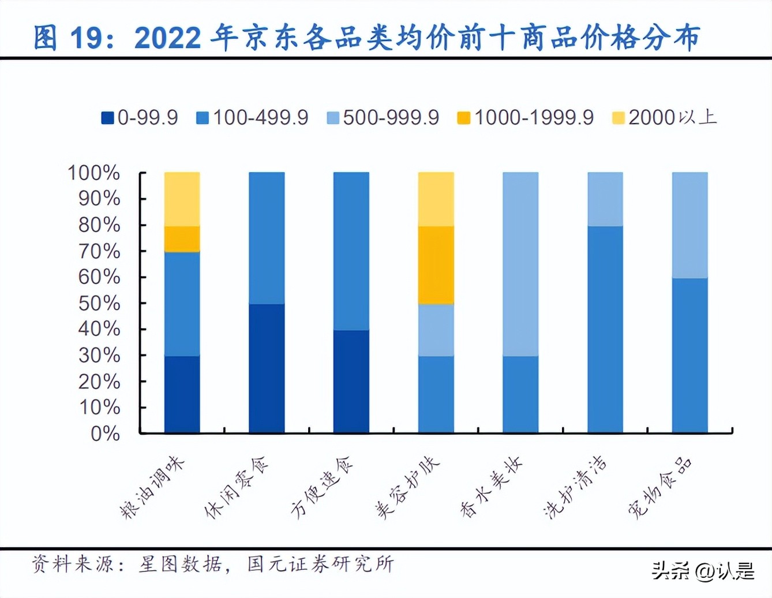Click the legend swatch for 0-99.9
[107, 118]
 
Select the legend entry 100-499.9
[253, 118]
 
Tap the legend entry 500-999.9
[383, 118]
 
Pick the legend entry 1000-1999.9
[526, 118]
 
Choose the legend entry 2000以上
[665, 118]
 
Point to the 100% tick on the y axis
[93, 173]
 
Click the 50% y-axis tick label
[99, 303]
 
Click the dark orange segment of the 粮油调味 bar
[182, 239]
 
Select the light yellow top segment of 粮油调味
[182, 199]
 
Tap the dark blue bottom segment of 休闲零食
[267, 368]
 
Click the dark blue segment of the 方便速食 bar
[351, 381]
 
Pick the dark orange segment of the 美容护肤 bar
[436, 265]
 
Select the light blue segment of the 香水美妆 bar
[520, 264]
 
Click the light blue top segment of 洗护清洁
[605, 199]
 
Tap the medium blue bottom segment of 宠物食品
[689, 355]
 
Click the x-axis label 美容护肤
[407, 488]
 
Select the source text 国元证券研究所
[320, 564]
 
